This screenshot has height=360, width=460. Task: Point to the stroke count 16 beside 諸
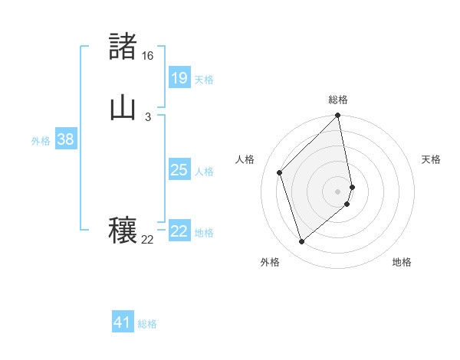147,56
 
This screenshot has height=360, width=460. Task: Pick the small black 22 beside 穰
147,240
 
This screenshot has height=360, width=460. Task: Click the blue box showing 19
179,78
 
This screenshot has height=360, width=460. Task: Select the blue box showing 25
179,170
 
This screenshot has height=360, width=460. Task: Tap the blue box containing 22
179,231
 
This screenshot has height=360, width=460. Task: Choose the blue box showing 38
65,139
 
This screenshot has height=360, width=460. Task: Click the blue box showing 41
123,322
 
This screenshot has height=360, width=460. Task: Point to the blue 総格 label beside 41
147,324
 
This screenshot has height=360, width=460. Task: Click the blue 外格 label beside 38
41,141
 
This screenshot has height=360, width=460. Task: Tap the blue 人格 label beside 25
205,172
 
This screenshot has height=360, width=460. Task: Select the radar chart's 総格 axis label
338,100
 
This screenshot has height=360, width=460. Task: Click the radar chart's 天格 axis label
431,159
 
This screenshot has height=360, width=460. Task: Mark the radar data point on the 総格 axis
338,116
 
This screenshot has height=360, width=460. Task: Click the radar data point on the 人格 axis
280,172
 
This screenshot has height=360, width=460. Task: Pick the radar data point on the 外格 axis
301,242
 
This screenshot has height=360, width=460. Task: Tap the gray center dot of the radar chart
338,191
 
